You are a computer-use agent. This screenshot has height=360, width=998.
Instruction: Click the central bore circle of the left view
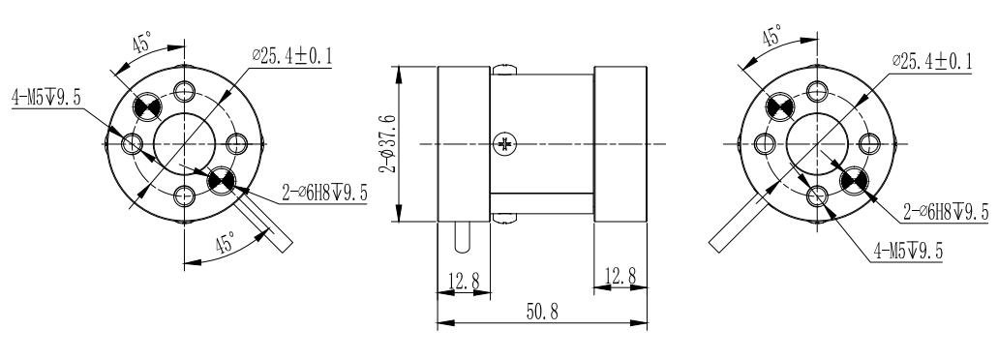pyautogui.click(x=183, y=143)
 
